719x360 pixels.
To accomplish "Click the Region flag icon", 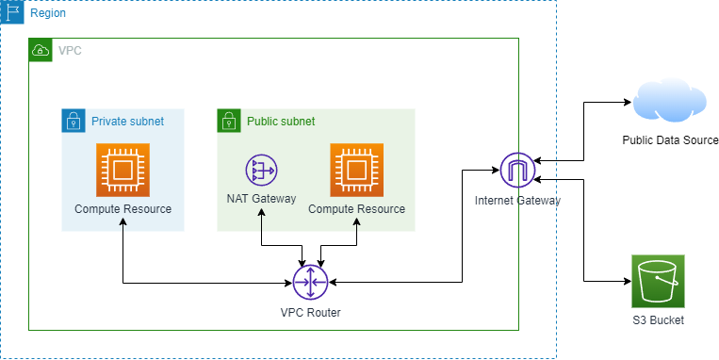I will (12, 13).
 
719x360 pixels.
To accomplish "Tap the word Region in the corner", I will (47, 14).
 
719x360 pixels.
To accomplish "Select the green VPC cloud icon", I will (41, 50).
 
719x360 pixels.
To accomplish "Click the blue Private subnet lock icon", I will (74, 121).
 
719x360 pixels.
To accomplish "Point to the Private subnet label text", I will (127, 122).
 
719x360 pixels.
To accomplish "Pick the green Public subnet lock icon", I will (229, 121).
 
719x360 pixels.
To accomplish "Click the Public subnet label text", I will (281, 122).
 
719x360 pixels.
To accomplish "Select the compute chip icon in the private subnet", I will (123, 170).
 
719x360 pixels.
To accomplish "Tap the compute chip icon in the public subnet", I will (356, 170).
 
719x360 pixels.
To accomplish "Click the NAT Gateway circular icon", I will (260, 171).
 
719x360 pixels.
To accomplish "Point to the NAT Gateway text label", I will (261, 199).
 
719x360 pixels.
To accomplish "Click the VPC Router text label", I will (309, 312).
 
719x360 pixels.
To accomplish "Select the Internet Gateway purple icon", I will (516, 170).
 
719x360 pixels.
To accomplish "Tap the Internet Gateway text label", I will (517, 200).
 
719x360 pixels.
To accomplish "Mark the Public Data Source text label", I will (670, 140).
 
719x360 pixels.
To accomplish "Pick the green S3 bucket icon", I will (658, 281).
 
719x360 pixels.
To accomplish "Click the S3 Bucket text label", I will (658, 320).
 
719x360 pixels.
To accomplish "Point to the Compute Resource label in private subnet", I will (123, 208).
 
